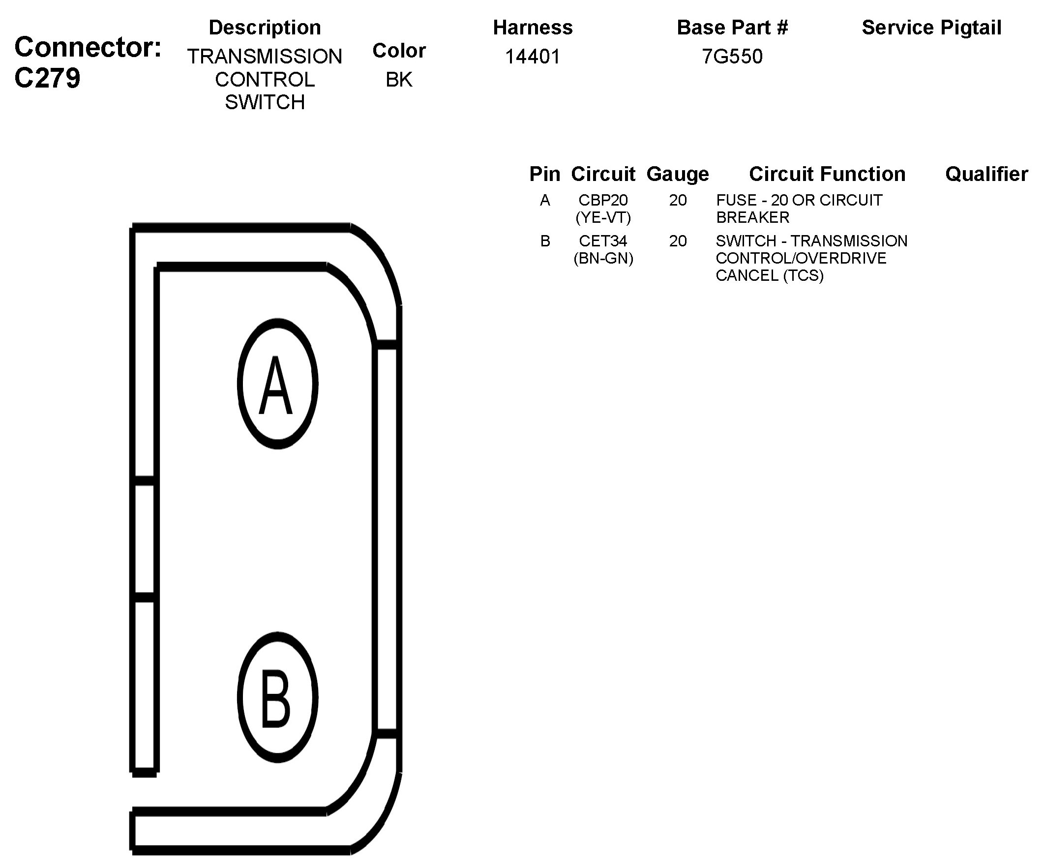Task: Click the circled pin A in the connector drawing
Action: [277, 384]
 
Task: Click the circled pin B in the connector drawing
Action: [277, 697]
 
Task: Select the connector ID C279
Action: [47, 79]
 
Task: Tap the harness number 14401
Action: [533, 57]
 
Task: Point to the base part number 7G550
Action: [732, 57]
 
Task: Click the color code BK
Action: [399, 80]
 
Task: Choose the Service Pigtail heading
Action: [931, 28]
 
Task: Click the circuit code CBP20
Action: [603, 200]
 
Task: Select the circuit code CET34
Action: [603, 241]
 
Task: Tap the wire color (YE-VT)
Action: [603, 217]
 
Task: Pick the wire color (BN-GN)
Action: [603, 258]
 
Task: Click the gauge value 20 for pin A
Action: [678, 200]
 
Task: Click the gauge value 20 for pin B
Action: [678, 241]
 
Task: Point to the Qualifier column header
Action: [986, 174]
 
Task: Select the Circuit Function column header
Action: [827, 174]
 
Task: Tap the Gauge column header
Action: [677, 174]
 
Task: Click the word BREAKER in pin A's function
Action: [752, 217]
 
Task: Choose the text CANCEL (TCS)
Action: [769, 276]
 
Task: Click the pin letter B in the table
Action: [545, 241]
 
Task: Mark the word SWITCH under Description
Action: [265, 102]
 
